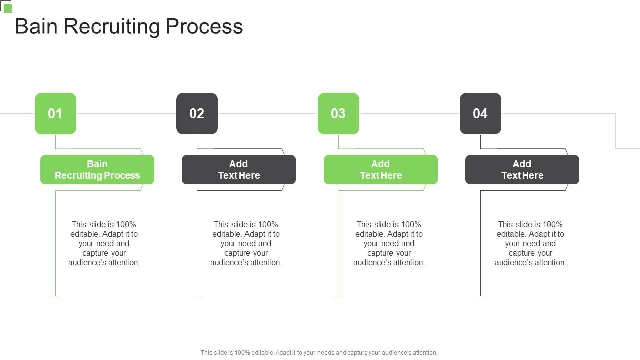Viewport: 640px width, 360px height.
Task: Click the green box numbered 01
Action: click(x=55, y=113)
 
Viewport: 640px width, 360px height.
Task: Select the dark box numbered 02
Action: click(x=197, y=113)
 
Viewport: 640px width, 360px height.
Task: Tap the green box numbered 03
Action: click(x=338, y=113)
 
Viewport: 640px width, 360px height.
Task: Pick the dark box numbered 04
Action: click(x=480, y=113)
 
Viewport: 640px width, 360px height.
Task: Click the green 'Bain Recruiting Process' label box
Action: click(x=97, y=170)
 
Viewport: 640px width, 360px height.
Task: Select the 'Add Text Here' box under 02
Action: click(x=239, y=170)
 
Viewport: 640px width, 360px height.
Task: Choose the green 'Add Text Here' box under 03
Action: click(x=380, y=170)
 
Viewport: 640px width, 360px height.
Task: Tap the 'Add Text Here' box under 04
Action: click(x=522, y=170)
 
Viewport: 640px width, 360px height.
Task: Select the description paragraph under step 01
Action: click(x=104, y=243)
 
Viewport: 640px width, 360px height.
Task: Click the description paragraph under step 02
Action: click(x=246, y=243)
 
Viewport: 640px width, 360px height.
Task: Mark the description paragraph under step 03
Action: click(x=389, y=243)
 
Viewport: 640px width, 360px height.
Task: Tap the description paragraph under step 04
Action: click(x=530, y=243)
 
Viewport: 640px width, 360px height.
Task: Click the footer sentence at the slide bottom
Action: click(x=319, y=352)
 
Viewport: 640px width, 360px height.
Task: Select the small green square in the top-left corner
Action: click(x=7, y=8)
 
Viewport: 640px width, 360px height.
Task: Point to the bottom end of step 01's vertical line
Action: click(x=55, y=295)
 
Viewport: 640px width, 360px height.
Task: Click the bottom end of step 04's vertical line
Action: click(x=480, y=295)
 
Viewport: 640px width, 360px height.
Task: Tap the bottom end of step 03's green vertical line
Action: click(x=339, y=295)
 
